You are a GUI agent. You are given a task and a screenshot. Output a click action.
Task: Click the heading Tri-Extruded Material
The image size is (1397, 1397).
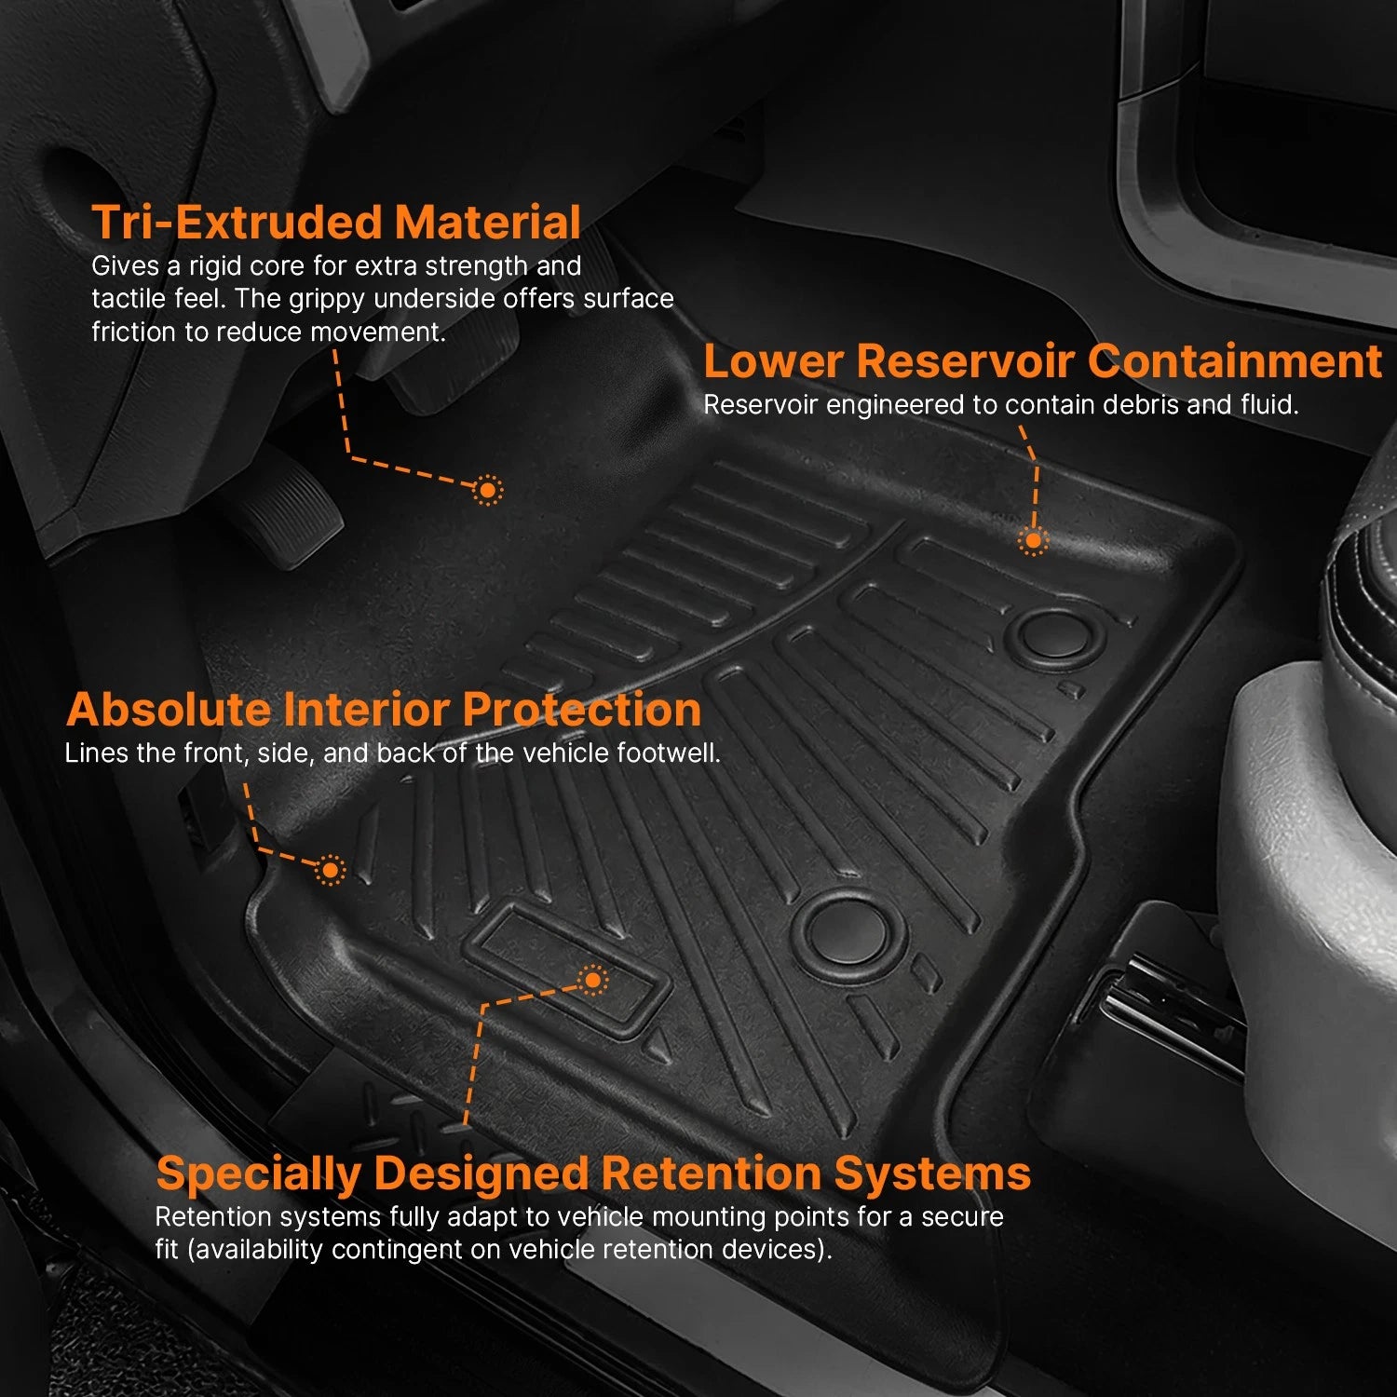point(336,223)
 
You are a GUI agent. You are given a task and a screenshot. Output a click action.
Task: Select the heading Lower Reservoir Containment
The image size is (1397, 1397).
point(1042,361)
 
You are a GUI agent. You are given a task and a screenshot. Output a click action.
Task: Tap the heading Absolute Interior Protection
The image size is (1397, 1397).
point(384,710)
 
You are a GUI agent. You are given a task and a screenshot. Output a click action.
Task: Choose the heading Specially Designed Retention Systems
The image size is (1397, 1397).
point(593,1173)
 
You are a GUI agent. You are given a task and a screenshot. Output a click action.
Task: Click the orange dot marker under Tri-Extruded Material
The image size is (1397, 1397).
point(487,489)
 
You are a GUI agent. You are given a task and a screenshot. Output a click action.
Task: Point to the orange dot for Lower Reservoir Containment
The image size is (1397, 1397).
point(1032,540)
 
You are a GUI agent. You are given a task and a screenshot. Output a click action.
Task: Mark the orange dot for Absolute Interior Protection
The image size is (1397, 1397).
point(330,870)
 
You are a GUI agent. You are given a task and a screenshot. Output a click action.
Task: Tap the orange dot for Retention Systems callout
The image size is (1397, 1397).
point(592,980)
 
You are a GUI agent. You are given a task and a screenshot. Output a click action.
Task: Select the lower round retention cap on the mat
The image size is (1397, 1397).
point(848,929)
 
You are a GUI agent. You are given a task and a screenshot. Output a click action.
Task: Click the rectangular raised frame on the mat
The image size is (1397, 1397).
point(565,969)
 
